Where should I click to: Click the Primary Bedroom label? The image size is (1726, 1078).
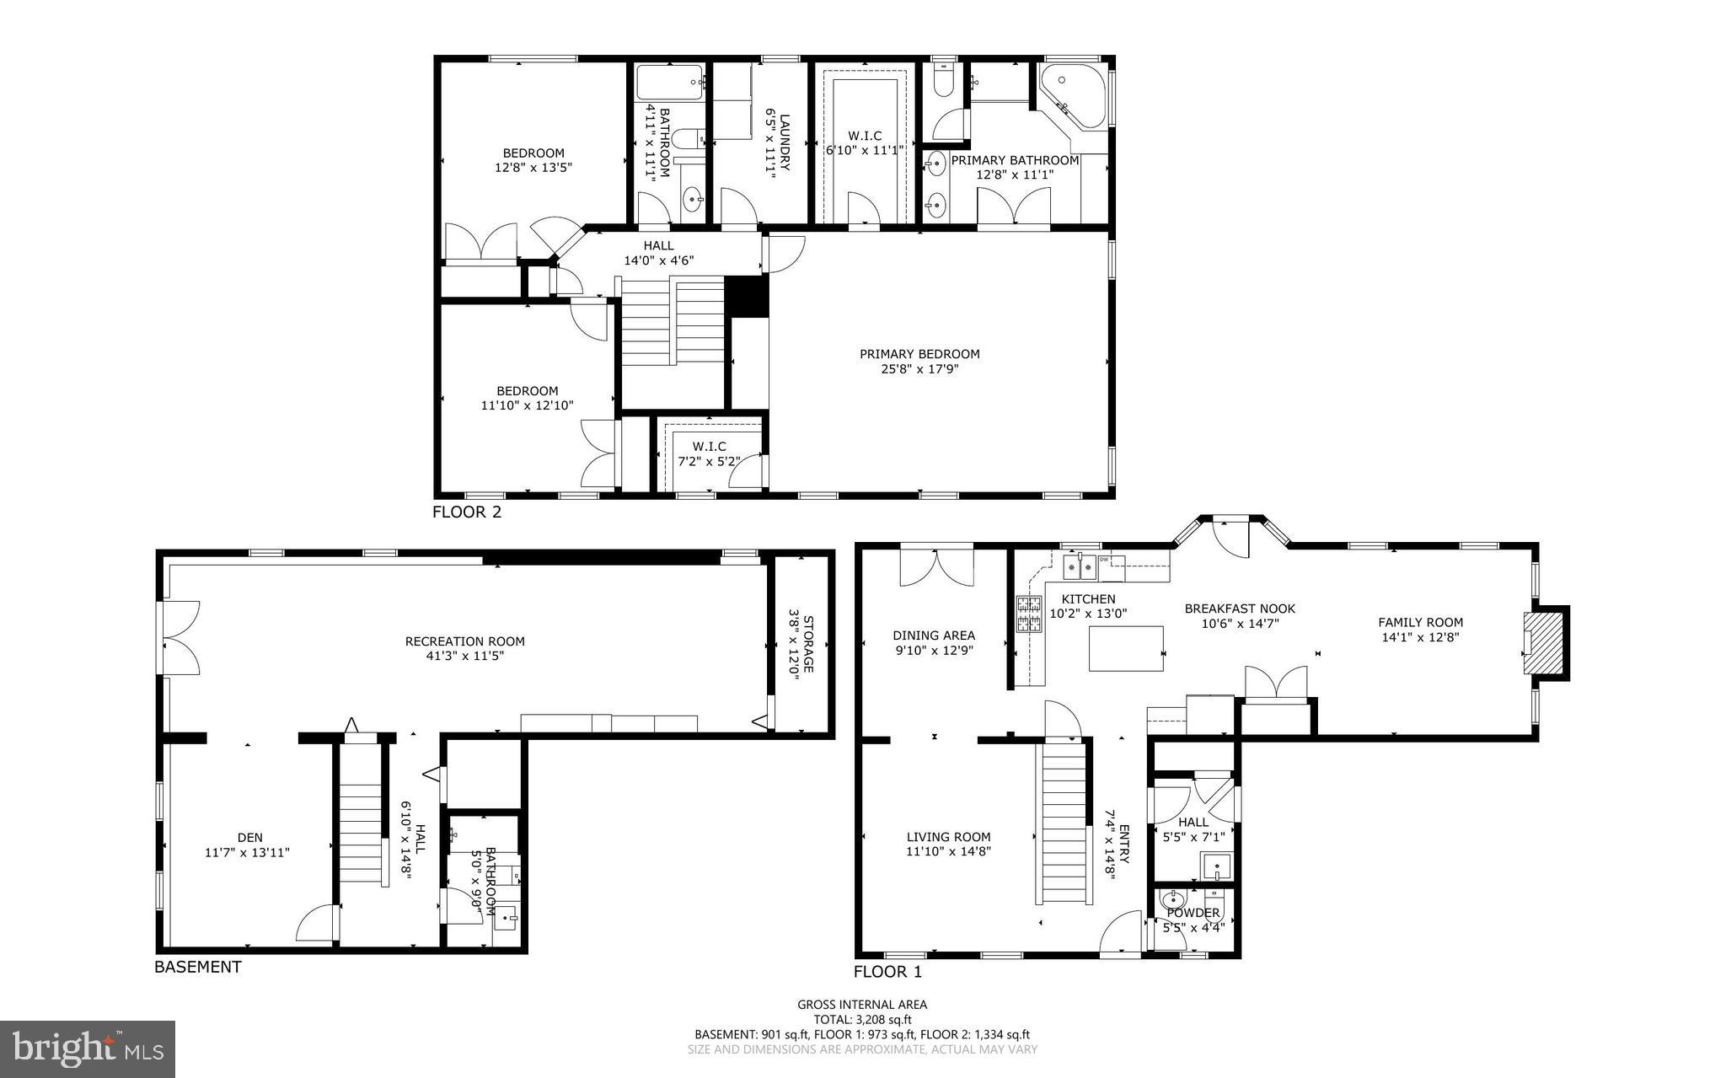[x=919, y=354]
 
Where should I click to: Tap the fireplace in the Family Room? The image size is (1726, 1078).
[x=1541, y=642]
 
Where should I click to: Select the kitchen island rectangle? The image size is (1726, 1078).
[x=1126, y=648]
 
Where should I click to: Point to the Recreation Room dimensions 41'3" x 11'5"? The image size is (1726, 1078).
[x=464, y=656]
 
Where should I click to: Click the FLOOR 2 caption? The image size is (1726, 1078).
[x=467, y=512]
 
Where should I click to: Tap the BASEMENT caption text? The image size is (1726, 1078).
[x=197, y=967]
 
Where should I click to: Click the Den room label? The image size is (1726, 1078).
[x=249, y=837]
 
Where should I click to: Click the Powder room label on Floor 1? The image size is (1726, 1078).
[x=1193, y=913]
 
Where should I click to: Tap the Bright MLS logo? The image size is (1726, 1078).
[x=88, y=1049]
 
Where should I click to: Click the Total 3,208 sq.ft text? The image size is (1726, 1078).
[x=862, y=1019]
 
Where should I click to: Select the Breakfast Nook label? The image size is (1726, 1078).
[x=1240, y=609]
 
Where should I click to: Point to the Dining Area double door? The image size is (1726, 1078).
[x=936, y=566]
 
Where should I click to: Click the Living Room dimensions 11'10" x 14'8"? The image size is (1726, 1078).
[x=948, y=851]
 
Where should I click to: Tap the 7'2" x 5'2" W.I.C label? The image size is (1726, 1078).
[x=710, y=461]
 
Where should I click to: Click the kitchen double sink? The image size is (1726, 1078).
[x=1080, y=570]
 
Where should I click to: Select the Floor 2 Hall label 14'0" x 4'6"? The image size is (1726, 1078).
[x=658, y=260]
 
